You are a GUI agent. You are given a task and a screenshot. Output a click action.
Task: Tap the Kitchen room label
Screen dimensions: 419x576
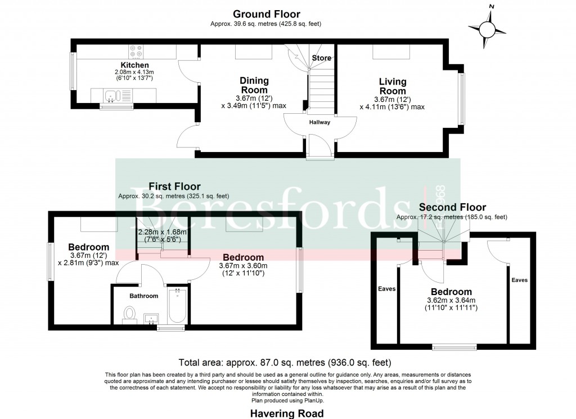point(134,65)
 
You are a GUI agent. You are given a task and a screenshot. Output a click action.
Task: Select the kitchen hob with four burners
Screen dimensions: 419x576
point(136,51)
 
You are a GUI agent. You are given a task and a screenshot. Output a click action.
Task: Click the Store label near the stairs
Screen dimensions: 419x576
point(322,58)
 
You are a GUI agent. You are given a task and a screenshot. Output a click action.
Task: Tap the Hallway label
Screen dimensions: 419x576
point(319,122)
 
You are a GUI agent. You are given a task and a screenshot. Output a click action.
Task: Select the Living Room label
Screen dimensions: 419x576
point(392,86)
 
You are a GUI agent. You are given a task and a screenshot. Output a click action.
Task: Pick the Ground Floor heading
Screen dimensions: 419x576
point(266,14)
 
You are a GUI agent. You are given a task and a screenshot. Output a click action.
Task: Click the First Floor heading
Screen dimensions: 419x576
point(174,186)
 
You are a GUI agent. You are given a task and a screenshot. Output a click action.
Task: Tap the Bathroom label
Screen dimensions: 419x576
point(144,296)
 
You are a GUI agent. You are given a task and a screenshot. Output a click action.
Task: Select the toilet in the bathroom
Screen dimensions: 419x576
point(130,314)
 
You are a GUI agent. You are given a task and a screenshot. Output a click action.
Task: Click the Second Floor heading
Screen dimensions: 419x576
point(452,207)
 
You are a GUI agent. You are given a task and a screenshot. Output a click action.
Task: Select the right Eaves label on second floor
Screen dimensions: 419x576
point(519,280)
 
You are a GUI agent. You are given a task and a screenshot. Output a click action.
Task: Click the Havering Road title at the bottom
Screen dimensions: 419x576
point(287,413)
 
